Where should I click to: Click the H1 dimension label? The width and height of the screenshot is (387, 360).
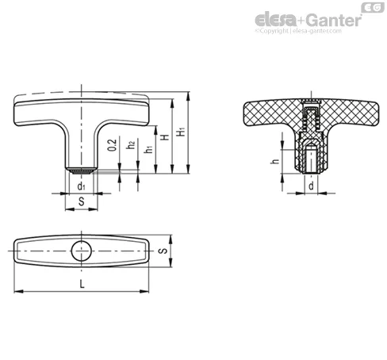coord(182,132)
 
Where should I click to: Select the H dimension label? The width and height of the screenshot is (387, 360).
coord(165,137)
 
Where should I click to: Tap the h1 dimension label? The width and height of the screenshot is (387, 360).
coord(149,149)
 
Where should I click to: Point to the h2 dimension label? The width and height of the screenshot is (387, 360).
coord(131,145)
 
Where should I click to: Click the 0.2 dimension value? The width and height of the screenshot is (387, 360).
coord(113,145)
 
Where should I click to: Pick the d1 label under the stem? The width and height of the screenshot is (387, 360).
coord(81,186)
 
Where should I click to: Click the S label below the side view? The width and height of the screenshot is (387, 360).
coord(82,201)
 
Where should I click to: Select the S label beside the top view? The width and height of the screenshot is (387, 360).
coord(163,251)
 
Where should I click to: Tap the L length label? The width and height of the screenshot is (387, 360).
coord(82,284)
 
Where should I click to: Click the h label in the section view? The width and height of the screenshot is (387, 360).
coord(275,161)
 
